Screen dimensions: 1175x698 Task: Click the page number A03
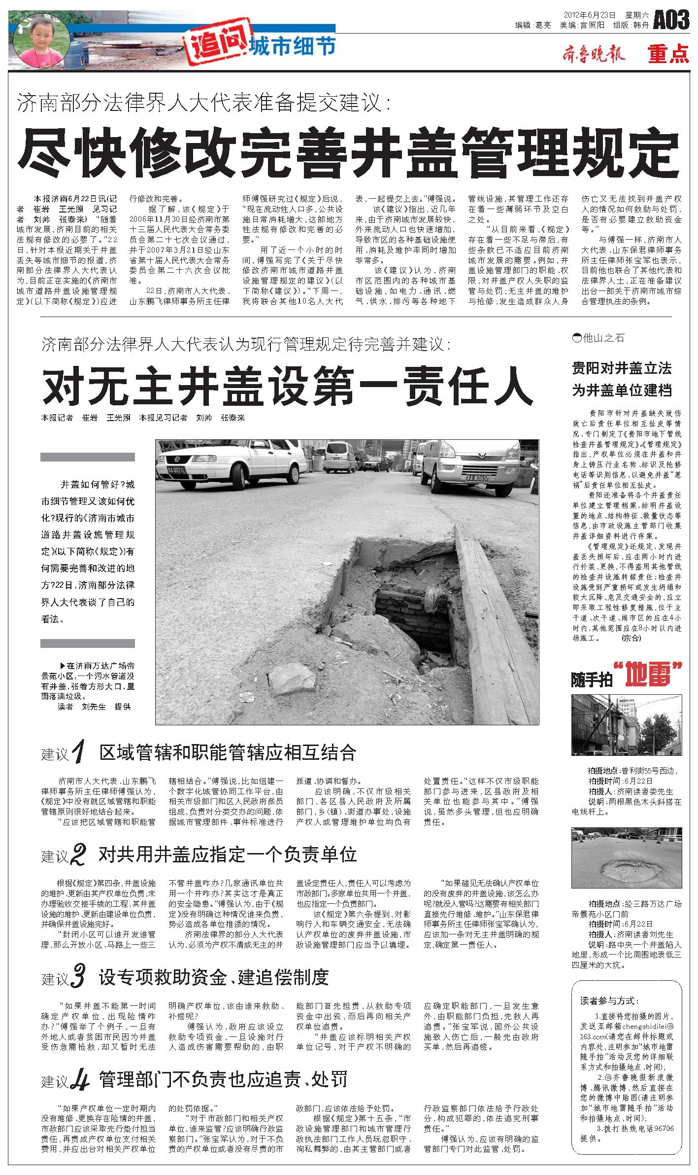tap(670, 20)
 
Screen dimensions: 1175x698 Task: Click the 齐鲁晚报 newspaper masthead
tap(593, 54)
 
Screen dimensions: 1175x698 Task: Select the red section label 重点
tap(668, 54)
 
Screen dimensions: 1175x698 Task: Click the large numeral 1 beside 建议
tap(79, 752)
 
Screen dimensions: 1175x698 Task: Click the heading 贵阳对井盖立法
tap(622, 368)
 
